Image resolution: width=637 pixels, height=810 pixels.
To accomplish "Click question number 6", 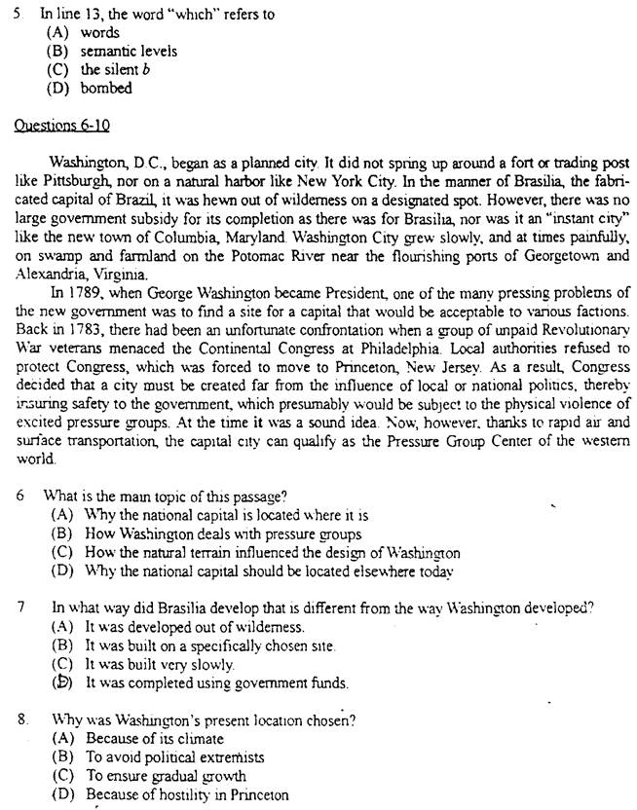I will point(20,495).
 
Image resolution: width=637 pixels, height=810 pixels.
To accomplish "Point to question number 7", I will point(20,607).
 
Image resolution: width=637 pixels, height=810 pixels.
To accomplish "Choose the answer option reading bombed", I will point(106,88).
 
